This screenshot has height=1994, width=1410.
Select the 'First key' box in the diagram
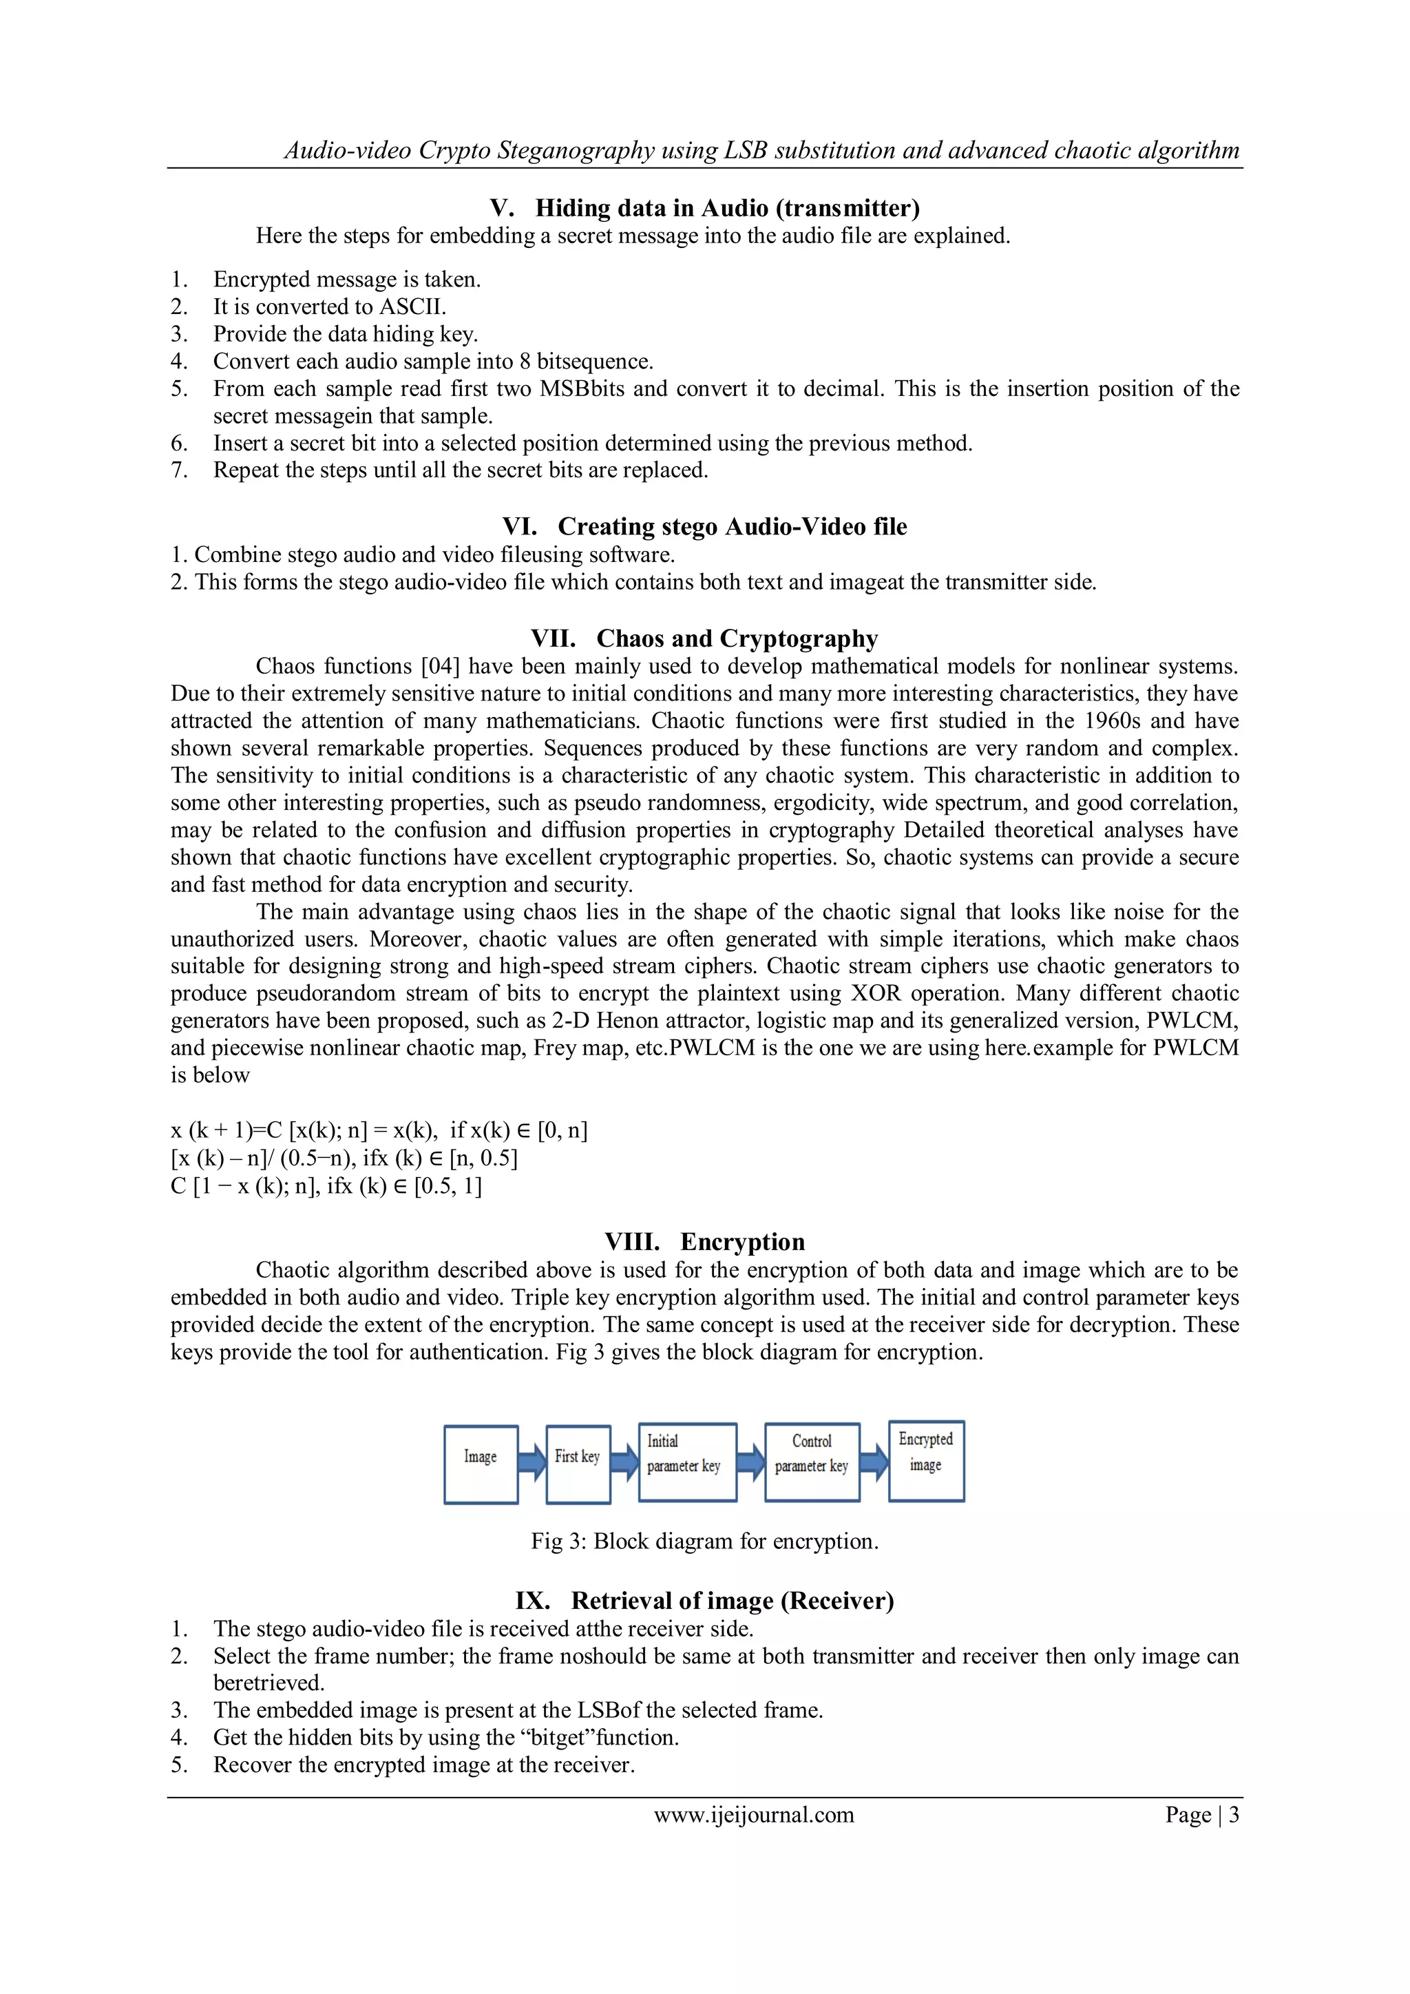[578, 1464]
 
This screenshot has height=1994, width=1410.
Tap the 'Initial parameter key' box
[687, 1462]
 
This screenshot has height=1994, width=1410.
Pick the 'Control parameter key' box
[812, 1462]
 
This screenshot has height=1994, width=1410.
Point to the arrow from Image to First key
[532, 1464]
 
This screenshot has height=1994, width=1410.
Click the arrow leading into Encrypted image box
[874, 1462]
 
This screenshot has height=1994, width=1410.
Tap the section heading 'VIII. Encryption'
[704, 1242]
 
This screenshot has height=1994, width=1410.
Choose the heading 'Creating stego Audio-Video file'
[732, 527]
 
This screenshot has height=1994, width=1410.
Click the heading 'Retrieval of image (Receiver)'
[732, 1601]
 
